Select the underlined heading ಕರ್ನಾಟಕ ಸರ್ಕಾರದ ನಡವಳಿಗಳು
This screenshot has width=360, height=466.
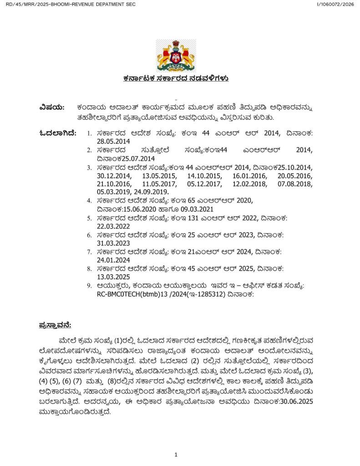176,78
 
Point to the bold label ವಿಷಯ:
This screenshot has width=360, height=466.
52,107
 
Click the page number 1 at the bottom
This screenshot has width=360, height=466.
176,454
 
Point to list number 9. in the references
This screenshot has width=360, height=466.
90,285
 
